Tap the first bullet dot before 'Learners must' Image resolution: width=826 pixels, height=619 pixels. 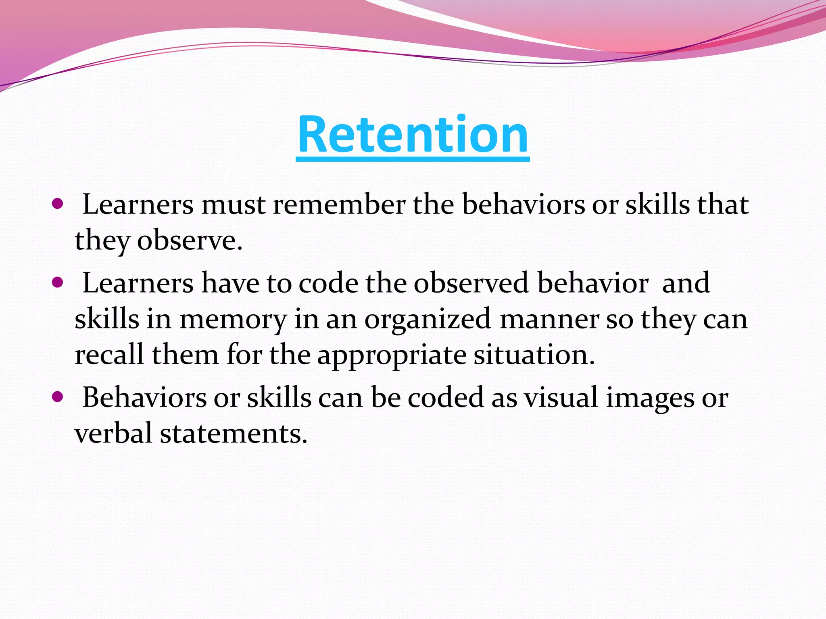[58, 204]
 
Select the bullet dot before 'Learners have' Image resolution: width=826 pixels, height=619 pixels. [58, 282]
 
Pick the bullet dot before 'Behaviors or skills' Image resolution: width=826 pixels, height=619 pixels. [58, 397]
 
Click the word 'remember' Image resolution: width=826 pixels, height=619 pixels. [339, 204]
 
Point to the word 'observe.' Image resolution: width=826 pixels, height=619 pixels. [190, 241]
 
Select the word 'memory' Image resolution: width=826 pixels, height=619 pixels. [233, 320]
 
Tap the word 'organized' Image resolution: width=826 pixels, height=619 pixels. [428, 320]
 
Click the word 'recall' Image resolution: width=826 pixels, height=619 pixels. [109, 355]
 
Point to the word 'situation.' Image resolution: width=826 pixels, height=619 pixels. [534, 355]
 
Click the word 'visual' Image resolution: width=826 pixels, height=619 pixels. [561, 397]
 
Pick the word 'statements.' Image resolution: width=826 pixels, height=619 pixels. [234, 434]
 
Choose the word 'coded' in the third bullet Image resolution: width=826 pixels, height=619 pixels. [446, 397]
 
